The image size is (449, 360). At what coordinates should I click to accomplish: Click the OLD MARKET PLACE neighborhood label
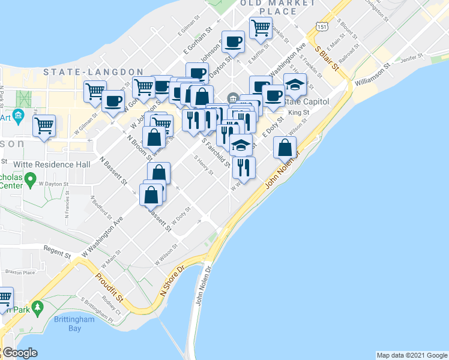(268, 7)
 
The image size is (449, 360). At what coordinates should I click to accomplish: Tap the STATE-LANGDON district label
(93, 72)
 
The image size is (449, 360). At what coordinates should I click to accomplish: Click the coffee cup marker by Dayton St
(234, 42)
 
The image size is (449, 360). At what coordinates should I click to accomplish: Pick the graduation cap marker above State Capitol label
(295, 85)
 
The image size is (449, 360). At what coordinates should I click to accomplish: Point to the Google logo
(20, 353)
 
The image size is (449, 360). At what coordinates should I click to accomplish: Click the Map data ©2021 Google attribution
(411, 355)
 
